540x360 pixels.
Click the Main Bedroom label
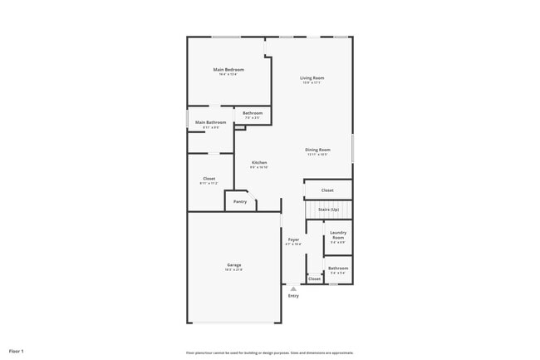228,69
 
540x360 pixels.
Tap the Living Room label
312,78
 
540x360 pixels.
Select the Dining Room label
318,150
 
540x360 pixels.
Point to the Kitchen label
259,162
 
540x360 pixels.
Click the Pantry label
240,201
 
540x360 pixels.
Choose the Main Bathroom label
210,122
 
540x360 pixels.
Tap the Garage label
234,265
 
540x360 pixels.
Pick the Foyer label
293,239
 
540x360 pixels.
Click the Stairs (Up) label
328,210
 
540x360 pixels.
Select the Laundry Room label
338,235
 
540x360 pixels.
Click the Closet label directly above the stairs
327,190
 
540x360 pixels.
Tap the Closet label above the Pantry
209,179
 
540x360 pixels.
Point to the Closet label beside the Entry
314,279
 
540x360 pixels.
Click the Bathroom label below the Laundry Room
338,268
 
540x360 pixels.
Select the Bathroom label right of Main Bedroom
253,113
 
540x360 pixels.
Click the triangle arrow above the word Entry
293,288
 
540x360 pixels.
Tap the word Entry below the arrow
293,296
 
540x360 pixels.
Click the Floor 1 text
17,351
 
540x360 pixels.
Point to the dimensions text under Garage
234,270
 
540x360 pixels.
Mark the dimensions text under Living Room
312,83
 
